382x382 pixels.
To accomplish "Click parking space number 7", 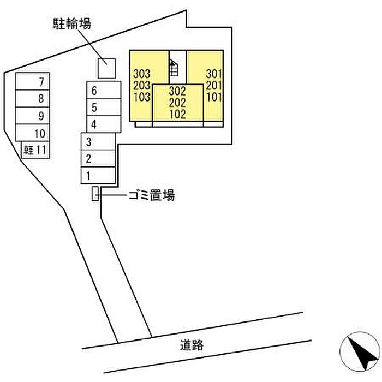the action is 33,81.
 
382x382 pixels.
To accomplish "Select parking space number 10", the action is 33,133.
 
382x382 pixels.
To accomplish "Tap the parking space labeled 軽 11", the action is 35,150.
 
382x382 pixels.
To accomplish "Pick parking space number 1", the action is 98,175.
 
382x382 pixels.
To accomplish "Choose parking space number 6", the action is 104,90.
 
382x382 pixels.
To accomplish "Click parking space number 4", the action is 104,124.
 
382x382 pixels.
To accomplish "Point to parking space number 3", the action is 98,141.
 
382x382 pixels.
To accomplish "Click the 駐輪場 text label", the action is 72,24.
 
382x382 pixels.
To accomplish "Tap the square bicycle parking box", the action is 106,68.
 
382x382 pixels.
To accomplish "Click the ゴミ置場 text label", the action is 152,195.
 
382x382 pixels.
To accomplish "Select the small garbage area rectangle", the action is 95,194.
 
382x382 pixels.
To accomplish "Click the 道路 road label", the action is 192,345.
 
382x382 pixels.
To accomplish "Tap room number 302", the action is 177,91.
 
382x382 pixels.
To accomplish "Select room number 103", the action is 142,97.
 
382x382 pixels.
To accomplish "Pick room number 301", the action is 214,74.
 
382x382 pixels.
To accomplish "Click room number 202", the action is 177,103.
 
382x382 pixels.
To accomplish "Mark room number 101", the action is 214,97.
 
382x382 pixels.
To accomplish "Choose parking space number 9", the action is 33,116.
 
